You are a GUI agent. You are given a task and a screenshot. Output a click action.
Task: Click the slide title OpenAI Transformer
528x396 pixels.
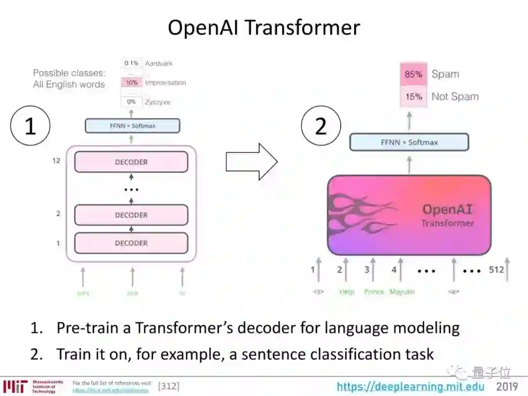[264, 27]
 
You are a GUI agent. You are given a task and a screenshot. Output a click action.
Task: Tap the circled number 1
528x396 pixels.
[30, 126]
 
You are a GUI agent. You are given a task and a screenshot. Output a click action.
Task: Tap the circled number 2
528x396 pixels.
[320, 126]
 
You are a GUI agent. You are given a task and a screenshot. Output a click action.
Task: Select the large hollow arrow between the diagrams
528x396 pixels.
[251, 162]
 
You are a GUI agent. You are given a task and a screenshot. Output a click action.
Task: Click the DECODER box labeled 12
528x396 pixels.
[131, 162]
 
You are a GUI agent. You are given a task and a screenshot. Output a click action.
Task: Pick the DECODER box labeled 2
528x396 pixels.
[131, 215]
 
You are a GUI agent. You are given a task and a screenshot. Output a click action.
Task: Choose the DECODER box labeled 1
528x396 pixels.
[131, 243]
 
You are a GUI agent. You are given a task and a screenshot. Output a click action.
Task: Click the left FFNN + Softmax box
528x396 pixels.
[132, 126]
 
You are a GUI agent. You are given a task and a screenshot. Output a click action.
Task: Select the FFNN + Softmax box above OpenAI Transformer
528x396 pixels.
[409, 142]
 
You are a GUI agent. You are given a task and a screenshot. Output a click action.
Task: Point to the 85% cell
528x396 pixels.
[413, 74]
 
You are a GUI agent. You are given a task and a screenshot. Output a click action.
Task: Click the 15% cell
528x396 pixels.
[413, 97]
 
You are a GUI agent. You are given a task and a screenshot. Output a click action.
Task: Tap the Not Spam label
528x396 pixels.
[455, 97]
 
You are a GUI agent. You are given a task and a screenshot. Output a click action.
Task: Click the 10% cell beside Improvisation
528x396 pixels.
[132, 83]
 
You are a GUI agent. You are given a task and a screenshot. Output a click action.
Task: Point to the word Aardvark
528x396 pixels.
[158, 64]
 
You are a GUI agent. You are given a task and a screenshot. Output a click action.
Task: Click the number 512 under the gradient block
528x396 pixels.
[496, 269]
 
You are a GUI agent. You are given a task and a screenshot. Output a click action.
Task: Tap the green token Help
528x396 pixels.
[347, 292]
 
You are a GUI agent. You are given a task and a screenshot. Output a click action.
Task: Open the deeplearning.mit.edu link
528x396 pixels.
[411, 387]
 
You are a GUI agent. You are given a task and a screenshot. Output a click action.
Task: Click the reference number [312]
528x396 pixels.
[169, 386]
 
